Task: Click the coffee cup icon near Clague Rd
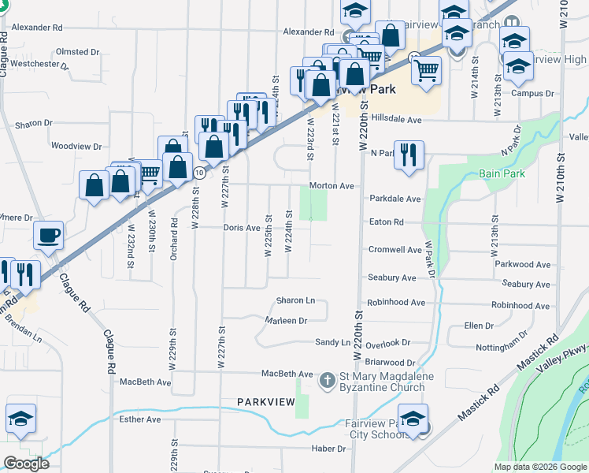click(x=49, y=235)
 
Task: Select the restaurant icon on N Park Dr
click(x=408, y=154)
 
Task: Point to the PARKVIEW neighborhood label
click(x=266, y=402)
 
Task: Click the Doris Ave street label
click(x=241, y=228)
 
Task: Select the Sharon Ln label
click(x=295, y=301)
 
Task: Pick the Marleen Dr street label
click(x=285, y=321)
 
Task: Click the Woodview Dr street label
click(x=76, y=147)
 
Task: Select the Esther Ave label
click(x=140, y=419)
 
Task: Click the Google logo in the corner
click(x=26, y=464)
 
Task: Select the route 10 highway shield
click(x=200, y=172)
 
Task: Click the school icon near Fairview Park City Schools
click(x=413, y=418)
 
